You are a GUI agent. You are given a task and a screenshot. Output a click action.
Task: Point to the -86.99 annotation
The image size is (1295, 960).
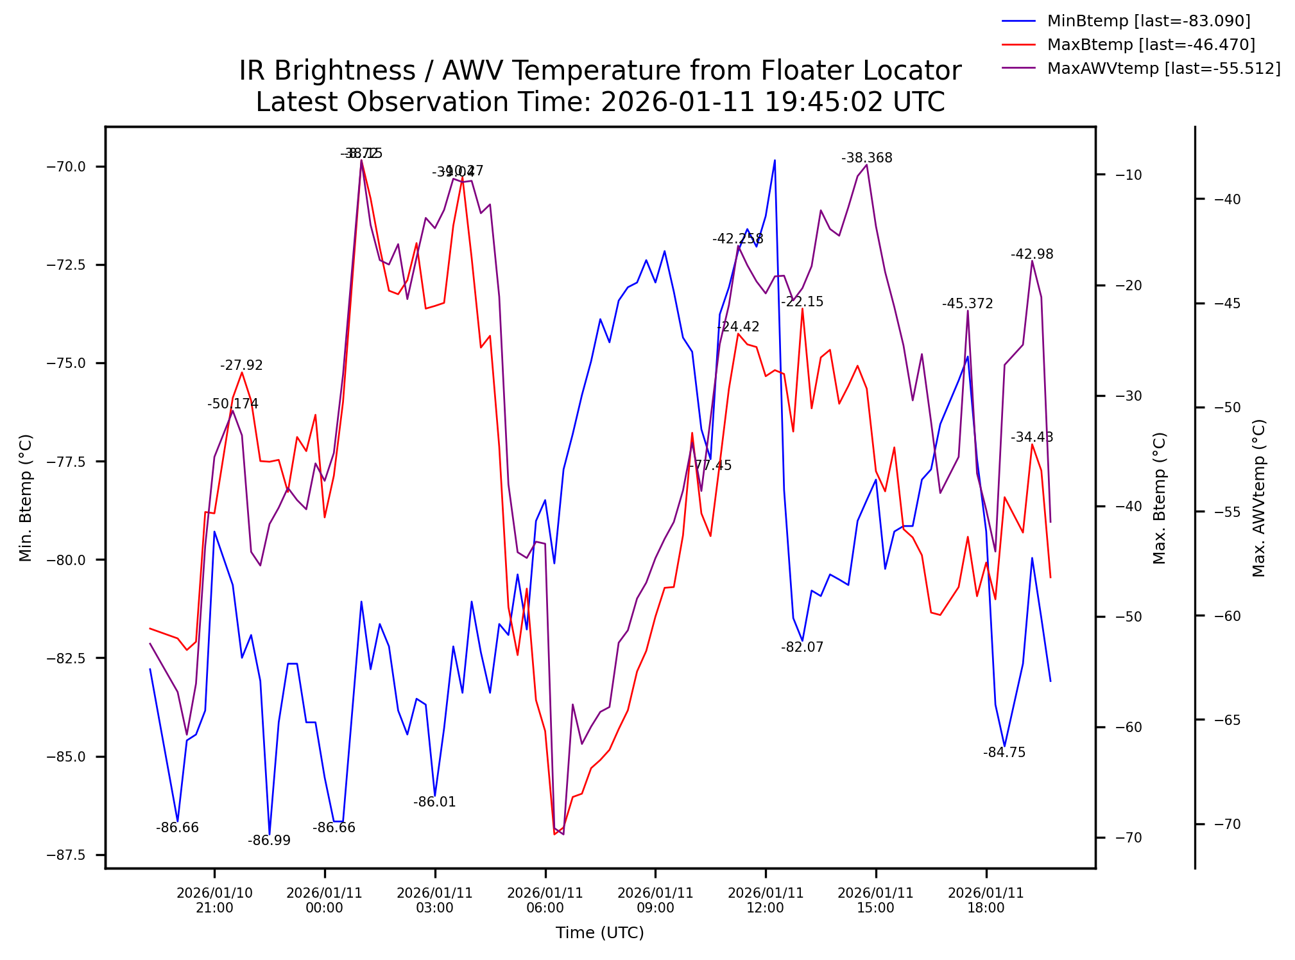point(269,841)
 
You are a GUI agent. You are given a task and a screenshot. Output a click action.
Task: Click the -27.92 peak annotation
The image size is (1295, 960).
point(241,365)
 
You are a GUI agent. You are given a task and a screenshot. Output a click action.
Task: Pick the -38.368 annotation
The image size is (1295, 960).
point(866,158)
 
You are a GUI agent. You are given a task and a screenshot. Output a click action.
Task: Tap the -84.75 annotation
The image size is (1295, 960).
point(1004,752)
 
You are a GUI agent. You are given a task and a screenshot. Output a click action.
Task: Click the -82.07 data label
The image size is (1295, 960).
point(802,647)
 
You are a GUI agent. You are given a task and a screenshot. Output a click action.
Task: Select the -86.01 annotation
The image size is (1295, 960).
point(434,802)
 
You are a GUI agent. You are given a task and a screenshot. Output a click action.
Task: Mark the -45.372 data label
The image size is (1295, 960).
point(967,304)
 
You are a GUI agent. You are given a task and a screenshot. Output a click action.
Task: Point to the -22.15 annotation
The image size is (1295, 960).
point(802,302)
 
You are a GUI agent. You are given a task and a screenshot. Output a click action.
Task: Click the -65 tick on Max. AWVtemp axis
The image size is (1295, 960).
point(1227,720)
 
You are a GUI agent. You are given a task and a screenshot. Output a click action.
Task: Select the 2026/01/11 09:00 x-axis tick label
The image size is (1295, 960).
point(655,900)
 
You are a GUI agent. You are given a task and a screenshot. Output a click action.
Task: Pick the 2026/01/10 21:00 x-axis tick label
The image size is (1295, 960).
point(214,900)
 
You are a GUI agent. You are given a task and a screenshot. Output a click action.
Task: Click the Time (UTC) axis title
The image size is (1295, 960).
point(599,933)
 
